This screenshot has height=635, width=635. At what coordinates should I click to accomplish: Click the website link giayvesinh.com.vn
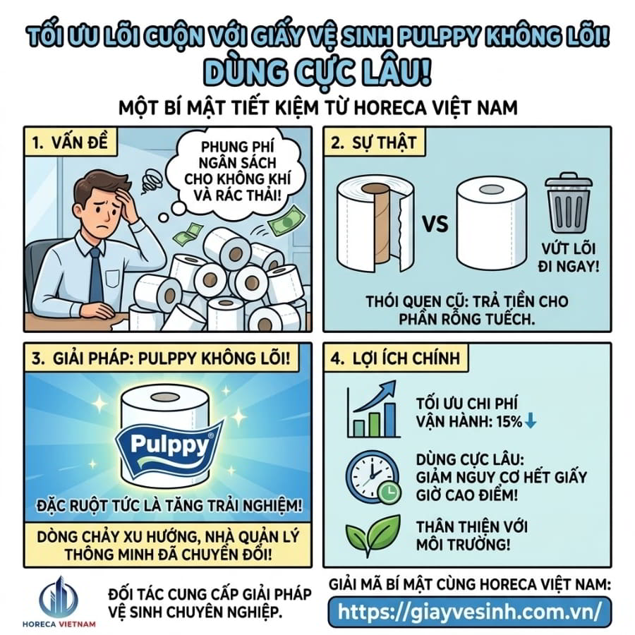click(469, 610)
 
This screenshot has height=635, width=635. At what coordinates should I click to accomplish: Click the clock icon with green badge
click(371, 478)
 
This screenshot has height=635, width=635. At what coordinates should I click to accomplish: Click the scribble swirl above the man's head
click(151, 182)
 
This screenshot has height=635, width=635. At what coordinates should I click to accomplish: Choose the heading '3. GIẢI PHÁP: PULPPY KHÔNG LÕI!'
click(162, 358)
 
